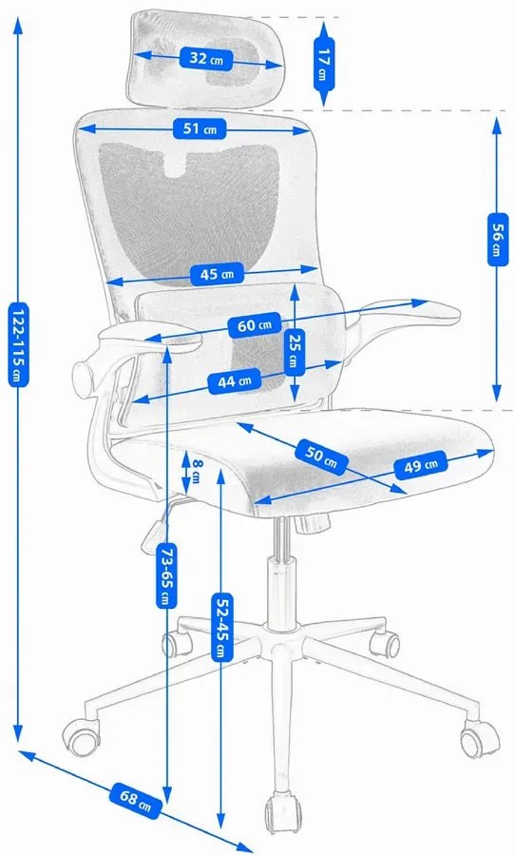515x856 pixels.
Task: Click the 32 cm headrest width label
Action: [x=206, y=58]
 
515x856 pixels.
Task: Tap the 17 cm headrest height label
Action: [x=323, y=64]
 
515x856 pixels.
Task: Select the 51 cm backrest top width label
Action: [x=200, y=129]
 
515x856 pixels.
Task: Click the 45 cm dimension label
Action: [x=217, y=274]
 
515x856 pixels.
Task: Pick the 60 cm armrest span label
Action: [x=255, y=325]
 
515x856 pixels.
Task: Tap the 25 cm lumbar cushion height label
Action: [x=295, y=350]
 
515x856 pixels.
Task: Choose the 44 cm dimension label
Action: [x=235, y=381]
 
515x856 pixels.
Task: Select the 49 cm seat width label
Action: [x=421, y=466]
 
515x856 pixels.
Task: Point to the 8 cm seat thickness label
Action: [x=197, y=470]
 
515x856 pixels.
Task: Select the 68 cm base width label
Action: [x=137, y=801]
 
